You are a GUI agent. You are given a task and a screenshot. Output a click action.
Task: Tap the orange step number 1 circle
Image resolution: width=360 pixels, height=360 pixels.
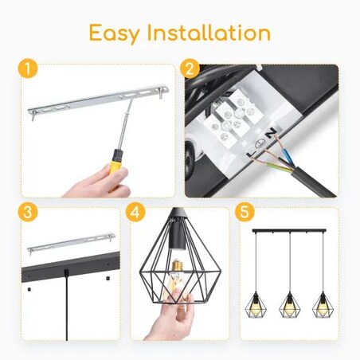[x=29, y=69]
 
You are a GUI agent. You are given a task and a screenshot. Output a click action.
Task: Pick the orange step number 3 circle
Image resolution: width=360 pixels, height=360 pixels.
[x=29, y=213]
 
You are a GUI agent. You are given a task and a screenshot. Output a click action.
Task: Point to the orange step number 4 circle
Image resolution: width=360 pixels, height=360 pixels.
[x=135, y=213]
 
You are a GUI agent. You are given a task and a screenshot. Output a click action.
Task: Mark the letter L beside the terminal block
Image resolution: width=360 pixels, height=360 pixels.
[x=257, y=151]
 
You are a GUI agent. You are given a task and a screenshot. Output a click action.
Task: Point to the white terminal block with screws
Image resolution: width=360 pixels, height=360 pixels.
[x=232, y=123]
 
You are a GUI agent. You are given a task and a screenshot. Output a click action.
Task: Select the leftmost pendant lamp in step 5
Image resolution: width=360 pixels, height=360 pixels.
[x=259, y=303]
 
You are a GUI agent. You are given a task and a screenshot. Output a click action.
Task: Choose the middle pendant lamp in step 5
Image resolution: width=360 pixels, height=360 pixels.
[x=290, y=303]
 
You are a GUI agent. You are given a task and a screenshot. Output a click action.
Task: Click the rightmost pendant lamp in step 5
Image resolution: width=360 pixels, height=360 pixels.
[x=321, y=303]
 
